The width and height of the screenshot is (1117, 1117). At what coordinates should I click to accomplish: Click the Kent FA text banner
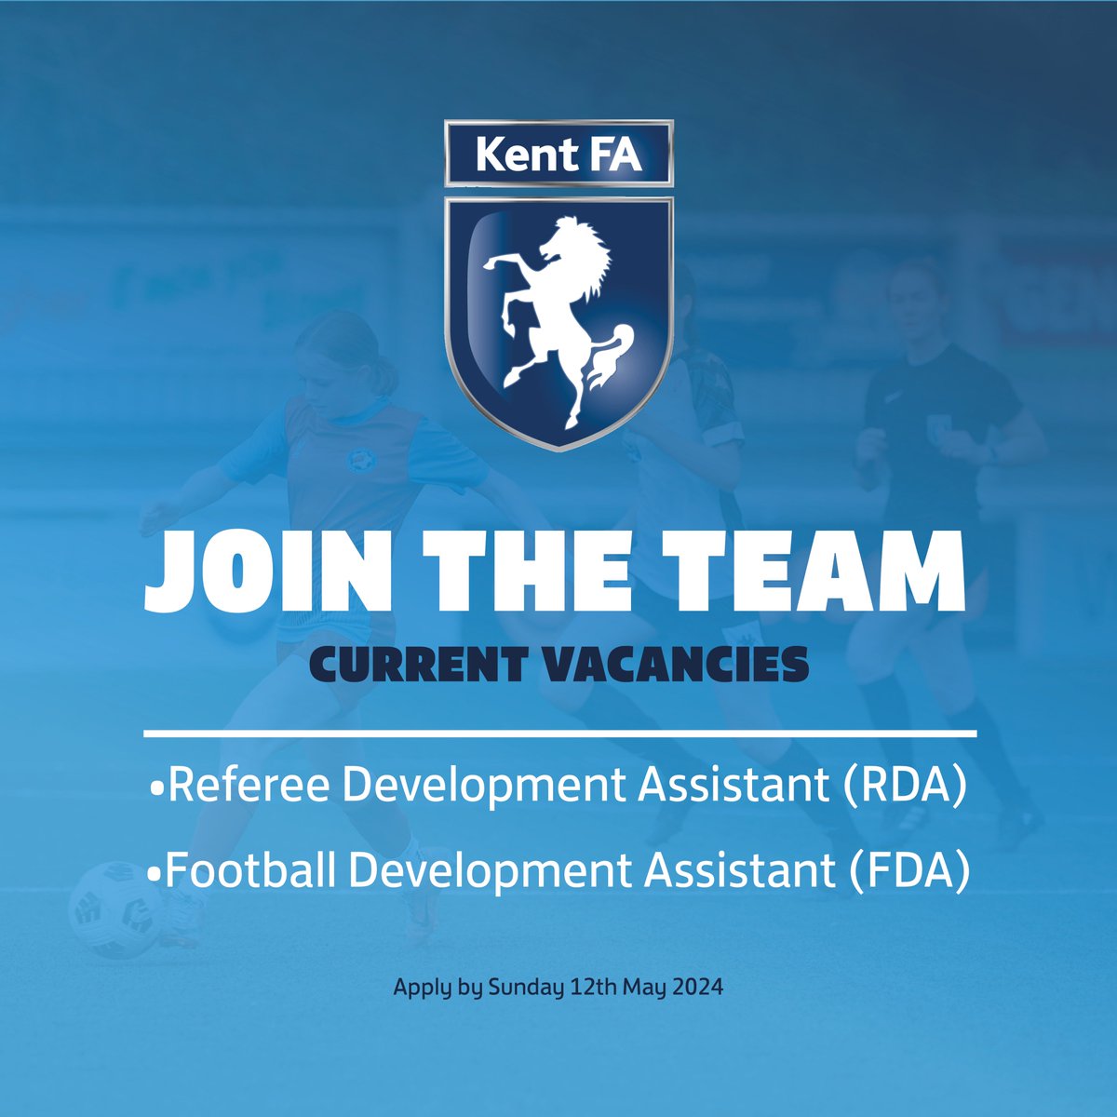[x=558, y=155]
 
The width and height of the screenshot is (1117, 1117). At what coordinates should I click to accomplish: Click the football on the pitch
[x=112, y=908]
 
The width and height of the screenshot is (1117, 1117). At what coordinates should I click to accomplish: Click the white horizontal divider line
[x=558, y=734]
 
